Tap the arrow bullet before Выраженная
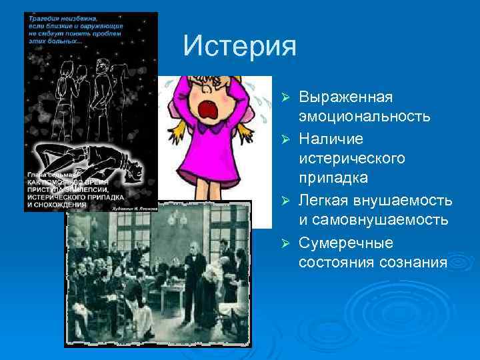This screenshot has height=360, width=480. point(285,98)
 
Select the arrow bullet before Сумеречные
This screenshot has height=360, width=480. point(285,242)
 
